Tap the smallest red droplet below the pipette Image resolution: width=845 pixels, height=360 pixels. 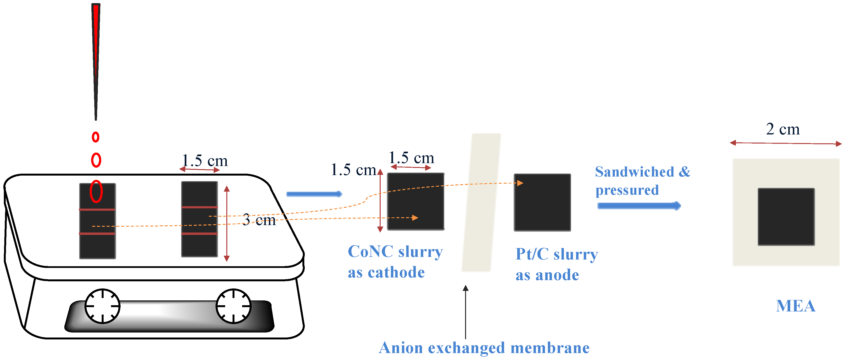95,137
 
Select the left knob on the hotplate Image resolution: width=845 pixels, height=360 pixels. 102,306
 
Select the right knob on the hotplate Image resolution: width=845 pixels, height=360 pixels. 233,306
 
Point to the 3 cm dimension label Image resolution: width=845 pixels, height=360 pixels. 259,220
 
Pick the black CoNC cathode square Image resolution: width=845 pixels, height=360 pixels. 416,201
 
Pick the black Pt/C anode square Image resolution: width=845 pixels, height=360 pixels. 542,202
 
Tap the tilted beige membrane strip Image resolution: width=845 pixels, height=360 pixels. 481,202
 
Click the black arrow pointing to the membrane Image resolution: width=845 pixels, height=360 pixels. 466,311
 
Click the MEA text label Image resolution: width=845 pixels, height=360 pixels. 795,306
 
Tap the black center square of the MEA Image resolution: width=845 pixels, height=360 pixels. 786,217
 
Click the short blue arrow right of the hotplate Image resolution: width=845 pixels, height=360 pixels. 314,194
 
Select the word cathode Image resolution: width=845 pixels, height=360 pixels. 396,272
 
